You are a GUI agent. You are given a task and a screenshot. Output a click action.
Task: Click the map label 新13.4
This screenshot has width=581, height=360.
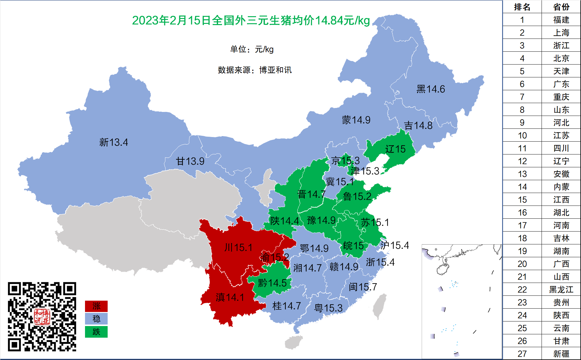click(x=113, y=142)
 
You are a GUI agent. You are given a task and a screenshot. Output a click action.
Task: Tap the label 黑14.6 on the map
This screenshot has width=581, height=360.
click(x=431, y=89)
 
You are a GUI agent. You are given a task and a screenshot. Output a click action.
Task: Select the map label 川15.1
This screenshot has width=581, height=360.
click(x=238, y=247)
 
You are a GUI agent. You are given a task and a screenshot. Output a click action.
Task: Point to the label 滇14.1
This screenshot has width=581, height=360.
click(x=230, y=297)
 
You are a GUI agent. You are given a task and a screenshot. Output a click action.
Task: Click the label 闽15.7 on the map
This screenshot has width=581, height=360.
click(x=363, y=287)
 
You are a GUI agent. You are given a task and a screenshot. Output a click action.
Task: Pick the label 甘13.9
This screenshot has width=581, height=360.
click(x=190, y=161)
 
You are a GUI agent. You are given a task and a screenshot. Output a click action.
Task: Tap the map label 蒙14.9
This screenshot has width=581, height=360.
click(x=356, y=120)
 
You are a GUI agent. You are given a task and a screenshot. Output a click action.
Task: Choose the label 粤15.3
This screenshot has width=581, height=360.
click(x=328, y=308)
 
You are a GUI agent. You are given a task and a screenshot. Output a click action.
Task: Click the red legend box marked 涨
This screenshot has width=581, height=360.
click(x=96, y=306)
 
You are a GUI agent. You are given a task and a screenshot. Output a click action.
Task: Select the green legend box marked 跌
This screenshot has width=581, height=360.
click(x=96, y=332)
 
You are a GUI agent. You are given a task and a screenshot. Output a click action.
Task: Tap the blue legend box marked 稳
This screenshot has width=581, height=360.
click(x=96, y=319)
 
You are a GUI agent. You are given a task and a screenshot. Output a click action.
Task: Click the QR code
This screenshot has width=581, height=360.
click(x=42, y=317)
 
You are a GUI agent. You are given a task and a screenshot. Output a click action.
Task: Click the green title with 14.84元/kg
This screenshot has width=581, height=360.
click(x=251, y=20)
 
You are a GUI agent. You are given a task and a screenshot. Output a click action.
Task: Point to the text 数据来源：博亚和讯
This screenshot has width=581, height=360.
click(x=254, y=70)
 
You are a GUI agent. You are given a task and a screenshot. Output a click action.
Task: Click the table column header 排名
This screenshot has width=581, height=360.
click(x=522, y=7)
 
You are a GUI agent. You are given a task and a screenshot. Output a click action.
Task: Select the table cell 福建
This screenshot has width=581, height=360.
click(x=561, y=20)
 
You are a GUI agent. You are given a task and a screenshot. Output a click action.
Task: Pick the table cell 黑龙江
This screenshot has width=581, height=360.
click(x=561, y=289)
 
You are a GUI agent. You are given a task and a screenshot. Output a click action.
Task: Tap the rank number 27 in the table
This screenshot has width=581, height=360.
click(x=522, y=354)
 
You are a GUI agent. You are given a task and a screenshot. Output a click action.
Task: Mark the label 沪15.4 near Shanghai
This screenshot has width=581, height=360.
click(x=394, y=245)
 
